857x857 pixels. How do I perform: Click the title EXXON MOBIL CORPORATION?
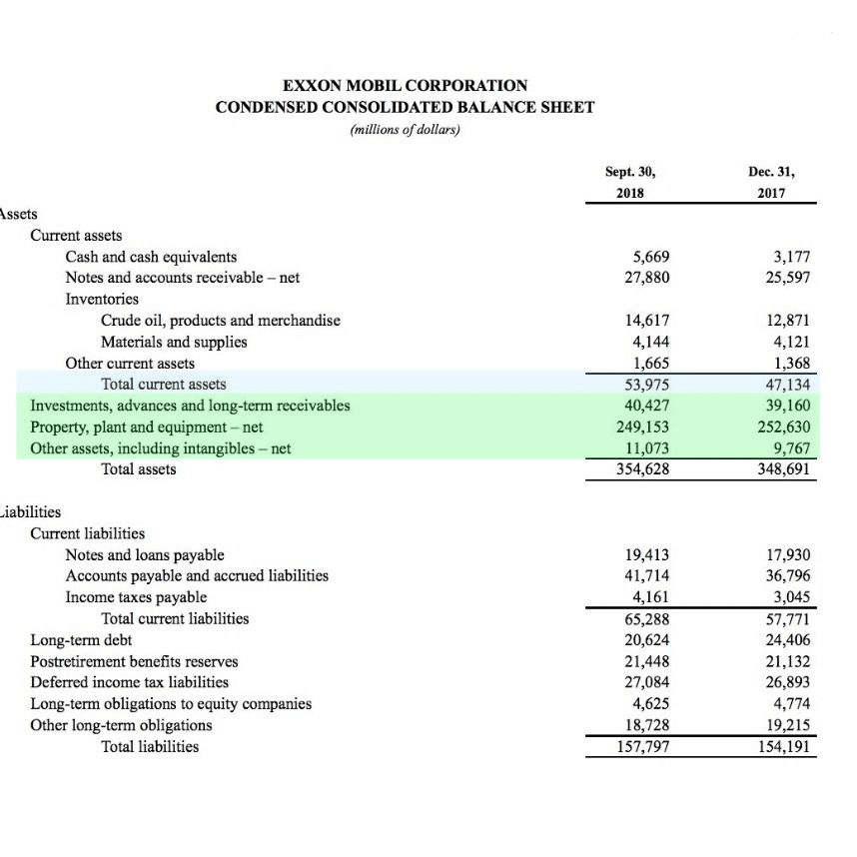point(405,86)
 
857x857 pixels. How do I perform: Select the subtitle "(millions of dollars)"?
point(405,129)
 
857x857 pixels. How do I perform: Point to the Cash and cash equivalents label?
point(151,257)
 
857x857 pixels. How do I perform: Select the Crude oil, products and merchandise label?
point(220,321)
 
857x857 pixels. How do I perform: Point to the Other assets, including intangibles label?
point(161,447)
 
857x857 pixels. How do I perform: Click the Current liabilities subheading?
point(88,533)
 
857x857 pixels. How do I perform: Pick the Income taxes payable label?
point(136,597)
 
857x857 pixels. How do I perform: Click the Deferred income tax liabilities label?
point(129,682)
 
